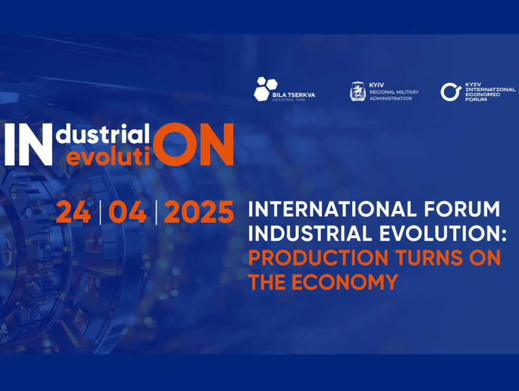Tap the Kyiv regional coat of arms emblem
[x=357, y=91]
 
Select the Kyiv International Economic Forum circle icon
[x=450, y=92]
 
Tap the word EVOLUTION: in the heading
[x=446, y=233]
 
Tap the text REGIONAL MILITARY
[x=394, y=92]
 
